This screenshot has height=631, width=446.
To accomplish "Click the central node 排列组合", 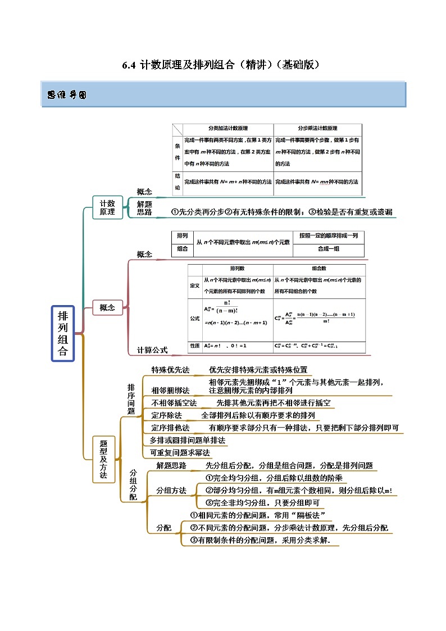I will (63, 334).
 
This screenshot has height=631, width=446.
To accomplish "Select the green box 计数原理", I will (107, 207).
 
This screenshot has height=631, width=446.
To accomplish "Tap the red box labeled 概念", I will (107, 307).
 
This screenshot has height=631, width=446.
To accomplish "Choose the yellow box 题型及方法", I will (103, 459).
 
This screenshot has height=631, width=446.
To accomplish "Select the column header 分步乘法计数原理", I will (317, 128).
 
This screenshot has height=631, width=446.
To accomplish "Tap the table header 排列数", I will (237, 269).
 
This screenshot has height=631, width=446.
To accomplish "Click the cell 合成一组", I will (329, 249).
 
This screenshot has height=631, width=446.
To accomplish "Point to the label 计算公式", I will (152, 349).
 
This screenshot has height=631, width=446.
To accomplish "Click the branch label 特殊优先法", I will (170, 370).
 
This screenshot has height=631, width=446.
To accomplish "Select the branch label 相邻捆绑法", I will (170, 390).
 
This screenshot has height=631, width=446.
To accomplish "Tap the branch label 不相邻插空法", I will (174, 403).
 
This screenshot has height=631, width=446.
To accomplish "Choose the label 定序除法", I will (166, 415).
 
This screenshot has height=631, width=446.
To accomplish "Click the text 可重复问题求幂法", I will (180, 452).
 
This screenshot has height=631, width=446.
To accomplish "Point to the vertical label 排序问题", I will (131, 399).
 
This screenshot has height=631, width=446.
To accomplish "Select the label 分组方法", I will (171, 491).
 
